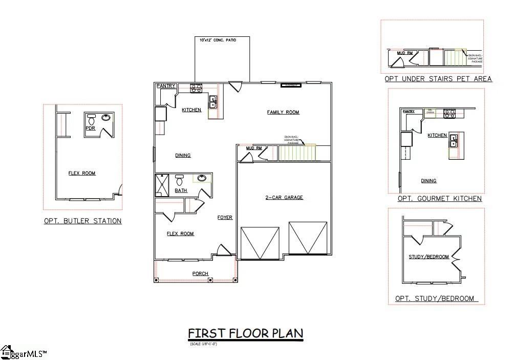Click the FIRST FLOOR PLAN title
[x=246, y=334]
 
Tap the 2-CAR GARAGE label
[x=284, y=197]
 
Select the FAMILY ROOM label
[x=283, y=112]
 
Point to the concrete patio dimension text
[x=222, y=39]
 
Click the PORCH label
[x=200, y=273]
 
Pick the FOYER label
[x=225, y=218]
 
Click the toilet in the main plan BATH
[x=179, y=180]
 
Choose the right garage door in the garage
[x=308, y=238]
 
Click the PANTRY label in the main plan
[x=166, y=86]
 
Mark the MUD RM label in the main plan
[x=254, y=149]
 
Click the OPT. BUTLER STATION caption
[x=82, y=221]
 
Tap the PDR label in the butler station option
[x=91, y=129]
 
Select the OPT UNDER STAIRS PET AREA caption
[x=438, y=79]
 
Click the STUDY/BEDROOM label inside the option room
[x=429, y=257]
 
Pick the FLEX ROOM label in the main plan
[x=180, y=234]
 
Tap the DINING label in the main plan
[x=183, y=155]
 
